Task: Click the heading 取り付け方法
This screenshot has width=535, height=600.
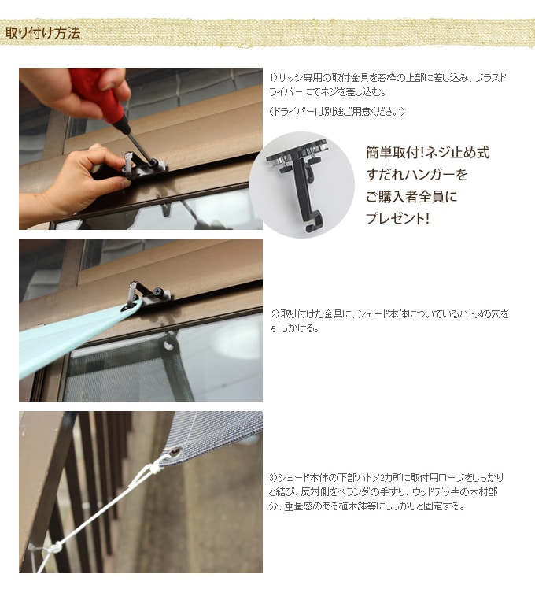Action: pyautogui.click(x=42, y=33)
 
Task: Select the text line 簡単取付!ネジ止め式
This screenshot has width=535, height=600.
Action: pyautogui.click(x=427, y=153)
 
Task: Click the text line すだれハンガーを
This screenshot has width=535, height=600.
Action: pyautogui.click(x=417, y=175)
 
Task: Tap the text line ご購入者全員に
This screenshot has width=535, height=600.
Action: pyautogui.click(x=411, y=197)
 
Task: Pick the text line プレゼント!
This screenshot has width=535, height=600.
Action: pyautogui.click(x=397, y=218)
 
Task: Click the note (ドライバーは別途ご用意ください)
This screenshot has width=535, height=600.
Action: pyautogui.click(x=337, y=111)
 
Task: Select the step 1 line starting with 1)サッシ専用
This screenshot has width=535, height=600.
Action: pyautogui.click(x=388, y=78)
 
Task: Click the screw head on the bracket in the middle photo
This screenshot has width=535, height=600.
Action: pyautogui.click(x=159, y=293)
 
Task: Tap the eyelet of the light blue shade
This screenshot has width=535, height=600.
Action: pyautogui.click(x=128, y=307)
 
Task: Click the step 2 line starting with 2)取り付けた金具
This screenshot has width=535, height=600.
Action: pyautogui.click(x=390, y=314)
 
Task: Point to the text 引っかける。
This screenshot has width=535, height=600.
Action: pyautogui.click(x=295, y=328)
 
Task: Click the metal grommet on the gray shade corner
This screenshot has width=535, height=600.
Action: pyautogui.click(x=175, y=454)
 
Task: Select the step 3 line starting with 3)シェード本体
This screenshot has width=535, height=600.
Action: pyautogui.click(x=386, y=478)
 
